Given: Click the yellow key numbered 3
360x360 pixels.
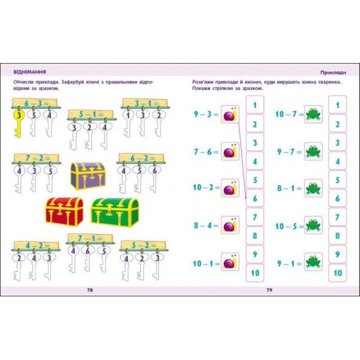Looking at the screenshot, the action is coord(18,123).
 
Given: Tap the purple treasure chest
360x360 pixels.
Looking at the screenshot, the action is coord(88,176).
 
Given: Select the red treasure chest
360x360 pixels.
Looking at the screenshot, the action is coord(64,211).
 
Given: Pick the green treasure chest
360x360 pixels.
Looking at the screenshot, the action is coord(115,212).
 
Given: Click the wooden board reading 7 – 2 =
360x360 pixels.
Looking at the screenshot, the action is coord(37,158).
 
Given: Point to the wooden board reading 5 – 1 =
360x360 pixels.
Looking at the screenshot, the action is coord(91,114).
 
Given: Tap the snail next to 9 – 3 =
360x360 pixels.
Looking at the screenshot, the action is coord(230,114).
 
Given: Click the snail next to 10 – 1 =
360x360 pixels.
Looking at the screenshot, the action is coord(230,262).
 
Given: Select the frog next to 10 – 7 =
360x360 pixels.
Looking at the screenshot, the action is coord(313,114).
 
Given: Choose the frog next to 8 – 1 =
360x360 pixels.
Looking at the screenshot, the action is coord(313,188).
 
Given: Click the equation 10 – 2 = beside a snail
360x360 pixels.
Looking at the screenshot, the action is coord(206,188).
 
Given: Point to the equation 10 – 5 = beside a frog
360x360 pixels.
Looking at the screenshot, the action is coord(289,227).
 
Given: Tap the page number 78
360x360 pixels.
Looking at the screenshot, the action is coord(90,290).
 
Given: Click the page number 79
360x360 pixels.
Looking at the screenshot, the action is coord(269,290).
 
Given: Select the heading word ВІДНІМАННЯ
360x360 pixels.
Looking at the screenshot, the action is coord(30,72).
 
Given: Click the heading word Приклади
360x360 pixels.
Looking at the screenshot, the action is coord(333,73).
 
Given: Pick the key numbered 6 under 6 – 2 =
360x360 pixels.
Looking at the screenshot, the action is coord(154,179).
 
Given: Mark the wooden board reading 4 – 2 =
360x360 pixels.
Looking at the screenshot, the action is coord(36,245).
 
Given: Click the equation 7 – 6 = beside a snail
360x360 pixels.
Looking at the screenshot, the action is coord(206,152).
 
